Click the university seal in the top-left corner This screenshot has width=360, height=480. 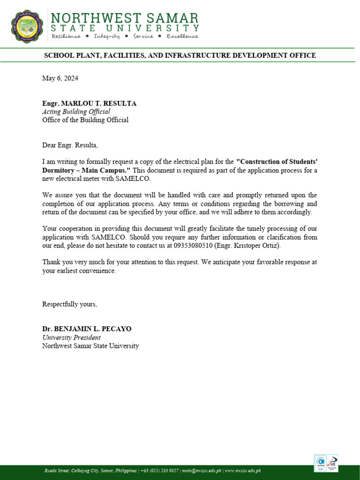point(28,26)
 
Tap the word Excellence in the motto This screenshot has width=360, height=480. point(182,36)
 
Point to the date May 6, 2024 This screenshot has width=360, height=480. point(60,78)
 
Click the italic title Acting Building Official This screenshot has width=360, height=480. point(76,112)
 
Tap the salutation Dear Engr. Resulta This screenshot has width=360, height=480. point(70,145)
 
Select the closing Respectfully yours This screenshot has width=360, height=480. point(69,304)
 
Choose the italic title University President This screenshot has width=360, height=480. point(71,337)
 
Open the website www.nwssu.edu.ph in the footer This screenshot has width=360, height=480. point(243,470)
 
